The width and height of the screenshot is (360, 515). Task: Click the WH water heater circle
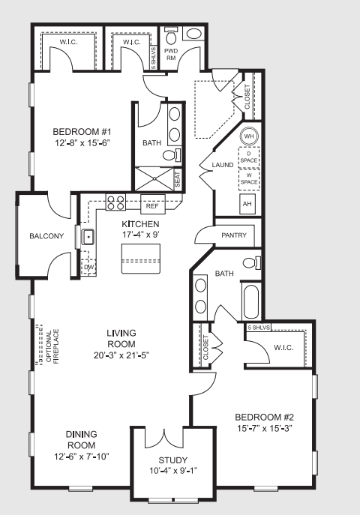point(249,136)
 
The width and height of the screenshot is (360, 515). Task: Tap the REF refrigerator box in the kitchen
point(152,204)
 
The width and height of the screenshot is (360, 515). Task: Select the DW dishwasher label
point(88,267)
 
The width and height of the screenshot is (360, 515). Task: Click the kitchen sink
point(88,237)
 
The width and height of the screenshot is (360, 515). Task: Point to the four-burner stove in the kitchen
point(115,202)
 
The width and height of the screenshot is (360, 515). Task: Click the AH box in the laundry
point(247,205)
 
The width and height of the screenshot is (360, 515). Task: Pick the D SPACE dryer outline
point(249,157)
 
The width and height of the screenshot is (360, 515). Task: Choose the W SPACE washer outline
point(249,179)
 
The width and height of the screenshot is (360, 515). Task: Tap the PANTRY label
point(234,235)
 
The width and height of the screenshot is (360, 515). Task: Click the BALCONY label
point(46,236)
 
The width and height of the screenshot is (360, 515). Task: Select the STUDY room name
point(173,460)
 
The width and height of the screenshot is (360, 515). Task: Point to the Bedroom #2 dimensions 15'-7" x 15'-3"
point(264,428)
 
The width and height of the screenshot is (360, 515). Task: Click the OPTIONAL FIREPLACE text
point(52,346)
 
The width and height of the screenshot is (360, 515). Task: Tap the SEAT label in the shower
point(178,180)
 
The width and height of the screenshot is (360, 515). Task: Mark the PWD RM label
point(171,55)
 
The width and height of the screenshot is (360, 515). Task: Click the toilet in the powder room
point(171,36)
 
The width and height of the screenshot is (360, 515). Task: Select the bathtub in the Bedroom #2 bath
point(251,301)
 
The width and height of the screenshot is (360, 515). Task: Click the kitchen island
point(141,259)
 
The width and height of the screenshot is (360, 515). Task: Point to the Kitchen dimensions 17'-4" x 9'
point(140,235)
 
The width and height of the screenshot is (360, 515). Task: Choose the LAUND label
point(223,165)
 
